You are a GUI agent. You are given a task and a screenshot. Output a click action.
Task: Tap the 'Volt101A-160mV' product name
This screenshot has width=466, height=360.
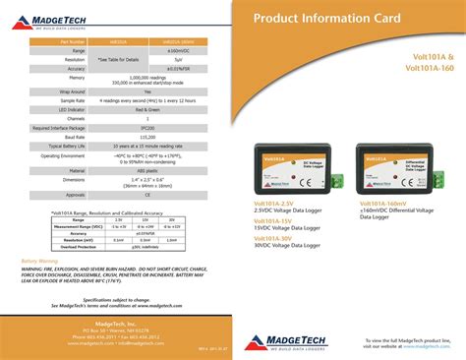pyautogui.click(x=387, y=203)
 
